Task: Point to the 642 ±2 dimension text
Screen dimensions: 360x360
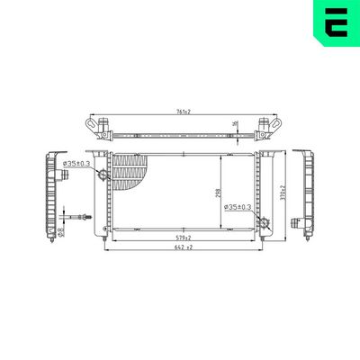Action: click(184, 249)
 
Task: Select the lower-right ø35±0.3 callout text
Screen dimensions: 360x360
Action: click(237, 209)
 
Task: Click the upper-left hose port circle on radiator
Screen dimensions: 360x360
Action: click(103, 175)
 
